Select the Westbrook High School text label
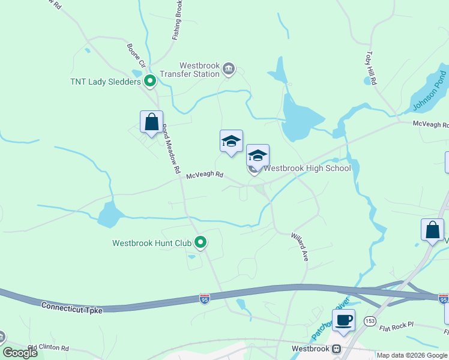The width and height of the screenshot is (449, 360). point(307,168)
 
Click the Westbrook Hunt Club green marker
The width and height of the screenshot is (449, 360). point(200,243)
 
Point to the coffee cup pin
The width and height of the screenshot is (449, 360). point(343,320)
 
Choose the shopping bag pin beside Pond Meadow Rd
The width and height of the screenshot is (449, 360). point(151,121)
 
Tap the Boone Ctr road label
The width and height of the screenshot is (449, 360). point(136,55)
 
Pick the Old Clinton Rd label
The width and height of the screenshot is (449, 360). point(49,347)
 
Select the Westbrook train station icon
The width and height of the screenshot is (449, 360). point(337,349)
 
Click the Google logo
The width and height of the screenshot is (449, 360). point(20,353)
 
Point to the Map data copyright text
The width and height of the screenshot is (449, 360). point(411,355)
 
